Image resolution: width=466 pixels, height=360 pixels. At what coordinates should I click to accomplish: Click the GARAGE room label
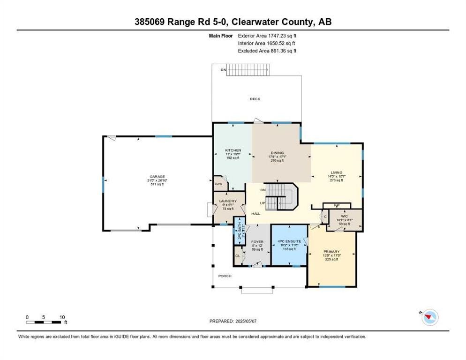(x=157, y=177)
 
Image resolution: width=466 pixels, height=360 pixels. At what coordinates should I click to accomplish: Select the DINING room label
(x=277, y=153)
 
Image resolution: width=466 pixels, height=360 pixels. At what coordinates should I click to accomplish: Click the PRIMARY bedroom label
(x=331, y=251)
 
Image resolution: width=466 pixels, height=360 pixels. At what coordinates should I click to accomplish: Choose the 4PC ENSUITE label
(x=289, y=241)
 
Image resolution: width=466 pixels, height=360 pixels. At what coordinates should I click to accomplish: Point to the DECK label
(x=255, y=99)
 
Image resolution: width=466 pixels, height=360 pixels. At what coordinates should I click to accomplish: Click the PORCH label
(x=225, y=276)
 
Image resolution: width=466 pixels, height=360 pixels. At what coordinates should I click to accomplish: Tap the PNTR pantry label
(x=218, y=185)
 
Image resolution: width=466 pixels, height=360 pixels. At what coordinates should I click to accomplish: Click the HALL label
(x=256, y=213)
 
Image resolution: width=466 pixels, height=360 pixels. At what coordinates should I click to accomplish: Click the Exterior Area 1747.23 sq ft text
(x=268, y=35)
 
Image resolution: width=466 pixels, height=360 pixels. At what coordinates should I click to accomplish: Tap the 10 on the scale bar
(x=62, y=317)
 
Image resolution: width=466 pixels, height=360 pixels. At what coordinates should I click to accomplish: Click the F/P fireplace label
(x=336, y=205)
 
